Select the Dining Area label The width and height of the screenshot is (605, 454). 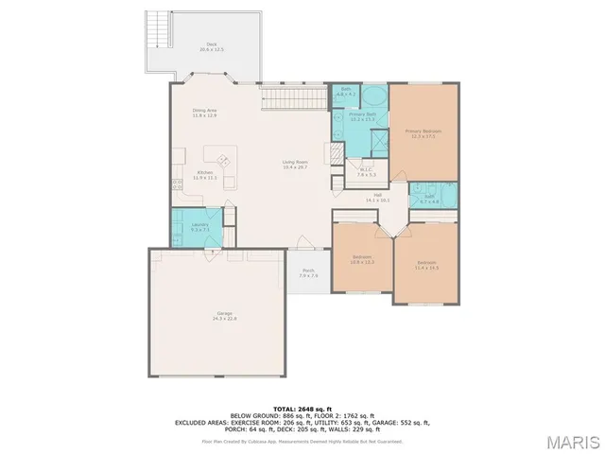click(205, 113)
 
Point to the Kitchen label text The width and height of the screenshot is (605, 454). click(205, 175)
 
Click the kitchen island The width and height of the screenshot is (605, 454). click(224, 160)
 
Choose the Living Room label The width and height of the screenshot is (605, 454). click(295, 165)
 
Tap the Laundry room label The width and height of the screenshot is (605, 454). click(199, 227)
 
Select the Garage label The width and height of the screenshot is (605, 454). click(224, 316)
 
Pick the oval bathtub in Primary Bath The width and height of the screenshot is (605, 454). click(373, 97)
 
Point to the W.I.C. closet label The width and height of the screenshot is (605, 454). click(367, 173)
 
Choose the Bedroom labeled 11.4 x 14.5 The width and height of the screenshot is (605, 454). click(426, 267)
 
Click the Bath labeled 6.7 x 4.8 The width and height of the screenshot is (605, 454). click(430, 200)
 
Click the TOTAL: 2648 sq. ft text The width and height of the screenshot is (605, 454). click(302, 407)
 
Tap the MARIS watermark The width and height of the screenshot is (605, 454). click(573, 442)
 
